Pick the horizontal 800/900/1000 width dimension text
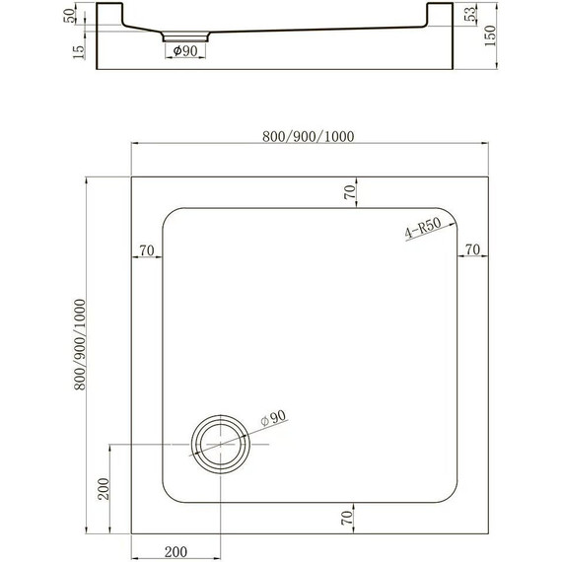tap(308, 136)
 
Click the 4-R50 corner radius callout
tap(421, 233)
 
